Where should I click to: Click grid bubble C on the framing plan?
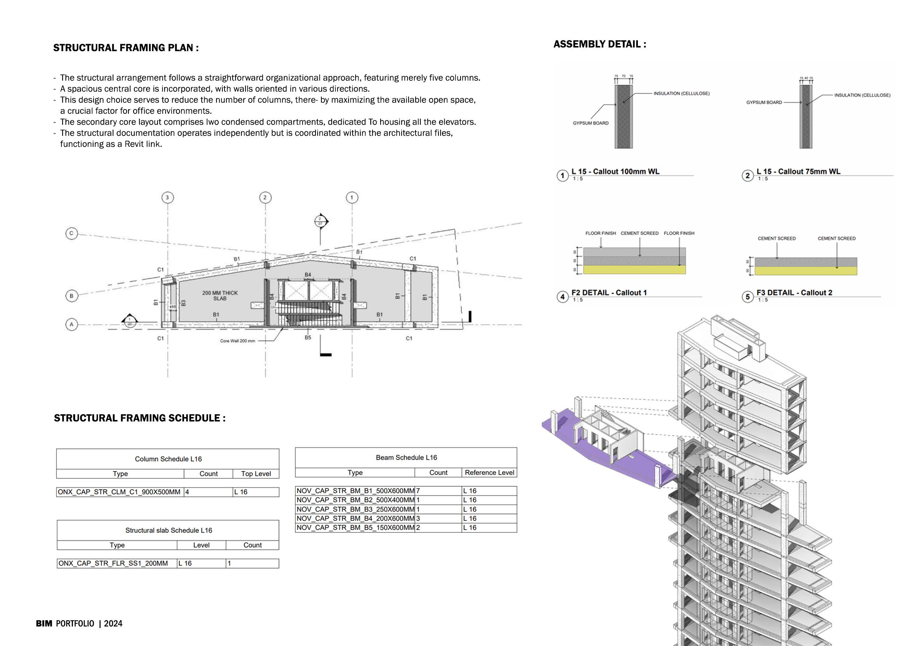pos(72,233)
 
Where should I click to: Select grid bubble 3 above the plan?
pos(167,197)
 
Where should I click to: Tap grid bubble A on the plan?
pos(72,325)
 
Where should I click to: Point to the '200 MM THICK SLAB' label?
pos(220,296)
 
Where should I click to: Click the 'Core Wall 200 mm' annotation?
pos(237,341)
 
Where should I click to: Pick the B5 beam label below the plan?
pos(308,338)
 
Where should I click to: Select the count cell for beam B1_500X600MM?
pos(438,491)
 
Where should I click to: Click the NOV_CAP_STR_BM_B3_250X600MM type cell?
pos(355,509)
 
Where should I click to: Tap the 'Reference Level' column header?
pos(489,473)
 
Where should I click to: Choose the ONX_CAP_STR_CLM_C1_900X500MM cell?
pos(119,492)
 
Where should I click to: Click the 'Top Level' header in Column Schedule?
pos(256,474)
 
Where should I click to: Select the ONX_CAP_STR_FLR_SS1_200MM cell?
pos(113,563)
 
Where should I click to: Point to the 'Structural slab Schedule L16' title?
pos(169,530)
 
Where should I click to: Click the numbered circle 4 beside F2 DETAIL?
pos(562,297)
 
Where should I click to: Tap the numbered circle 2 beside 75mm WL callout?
pos(748,176)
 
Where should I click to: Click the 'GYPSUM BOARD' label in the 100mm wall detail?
pos(590,123)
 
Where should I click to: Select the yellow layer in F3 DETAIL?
pos(806,271)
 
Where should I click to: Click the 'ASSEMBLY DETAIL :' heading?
pos(600,44)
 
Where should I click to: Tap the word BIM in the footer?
pos(44,624)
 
